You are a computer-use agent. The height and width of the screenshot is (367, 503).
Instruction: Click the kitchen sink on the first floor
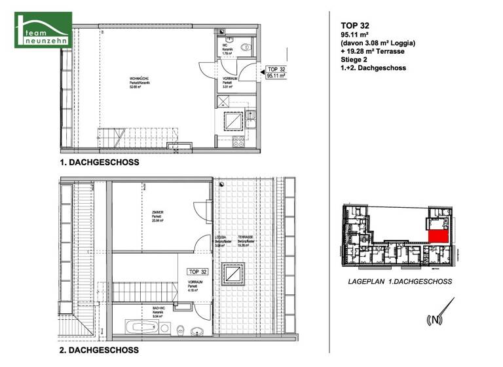coord(251,119)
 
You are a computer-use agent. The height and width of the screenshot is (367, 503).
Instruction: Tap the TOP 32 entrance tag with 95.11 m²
coord(273,72)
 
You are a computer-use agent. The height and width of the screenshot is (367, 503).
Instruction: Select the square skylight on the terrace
coord(233,274)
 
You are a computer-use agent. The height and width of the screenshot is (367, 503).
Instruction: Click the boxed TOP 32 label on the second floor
coord(198,271)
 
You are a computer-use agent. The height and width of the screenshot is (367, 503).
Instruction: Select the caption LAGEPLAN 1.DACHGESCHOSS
coord(401,282)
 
